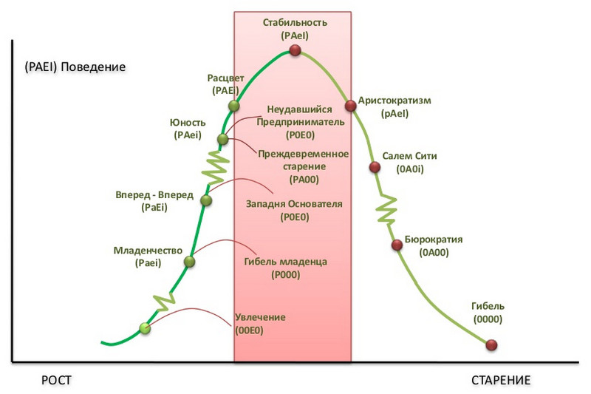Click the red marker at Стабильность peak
coord(295,50)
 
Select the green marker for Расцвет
coord(233,106)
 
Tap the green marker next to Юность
coord(223,139)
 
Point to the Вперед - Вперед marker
coord(206,200)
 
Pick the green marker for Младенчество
coord(190,261)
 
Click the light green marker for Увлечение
coord(145,328)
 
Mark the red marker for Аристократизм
coord(350,106)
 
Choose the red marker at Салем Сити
coord(375,167)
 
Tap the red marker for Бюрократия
coord(397,245)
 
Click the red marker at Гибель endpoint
coord(491,345)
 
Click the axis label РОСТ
coord(56,380)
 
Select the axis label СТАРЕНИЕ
coord(501,380)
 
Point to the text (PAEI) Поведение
coord(75,67)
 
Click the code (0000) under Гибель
coord(488,319)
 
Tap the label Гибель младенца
coord(285,262)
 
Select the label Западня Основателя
coord(294,204)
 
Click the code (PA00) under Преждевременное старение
coord(304,180)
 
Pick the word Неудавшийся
coord(300,109)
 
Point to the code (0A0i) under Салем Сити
coord(410,169)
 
